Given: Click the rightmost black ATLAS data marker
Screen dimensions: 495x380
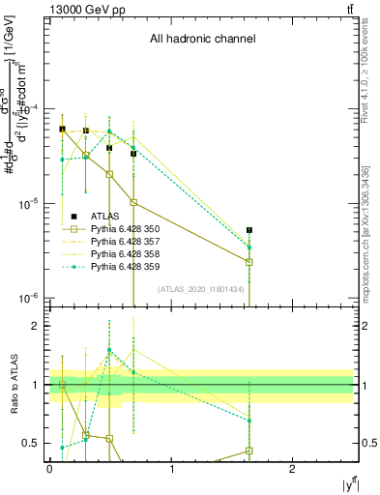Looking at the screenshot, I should tap(249, 230).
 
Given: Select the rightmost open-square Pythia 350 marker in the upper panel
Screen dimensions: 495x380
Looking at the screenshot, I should tap(249, 262).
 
